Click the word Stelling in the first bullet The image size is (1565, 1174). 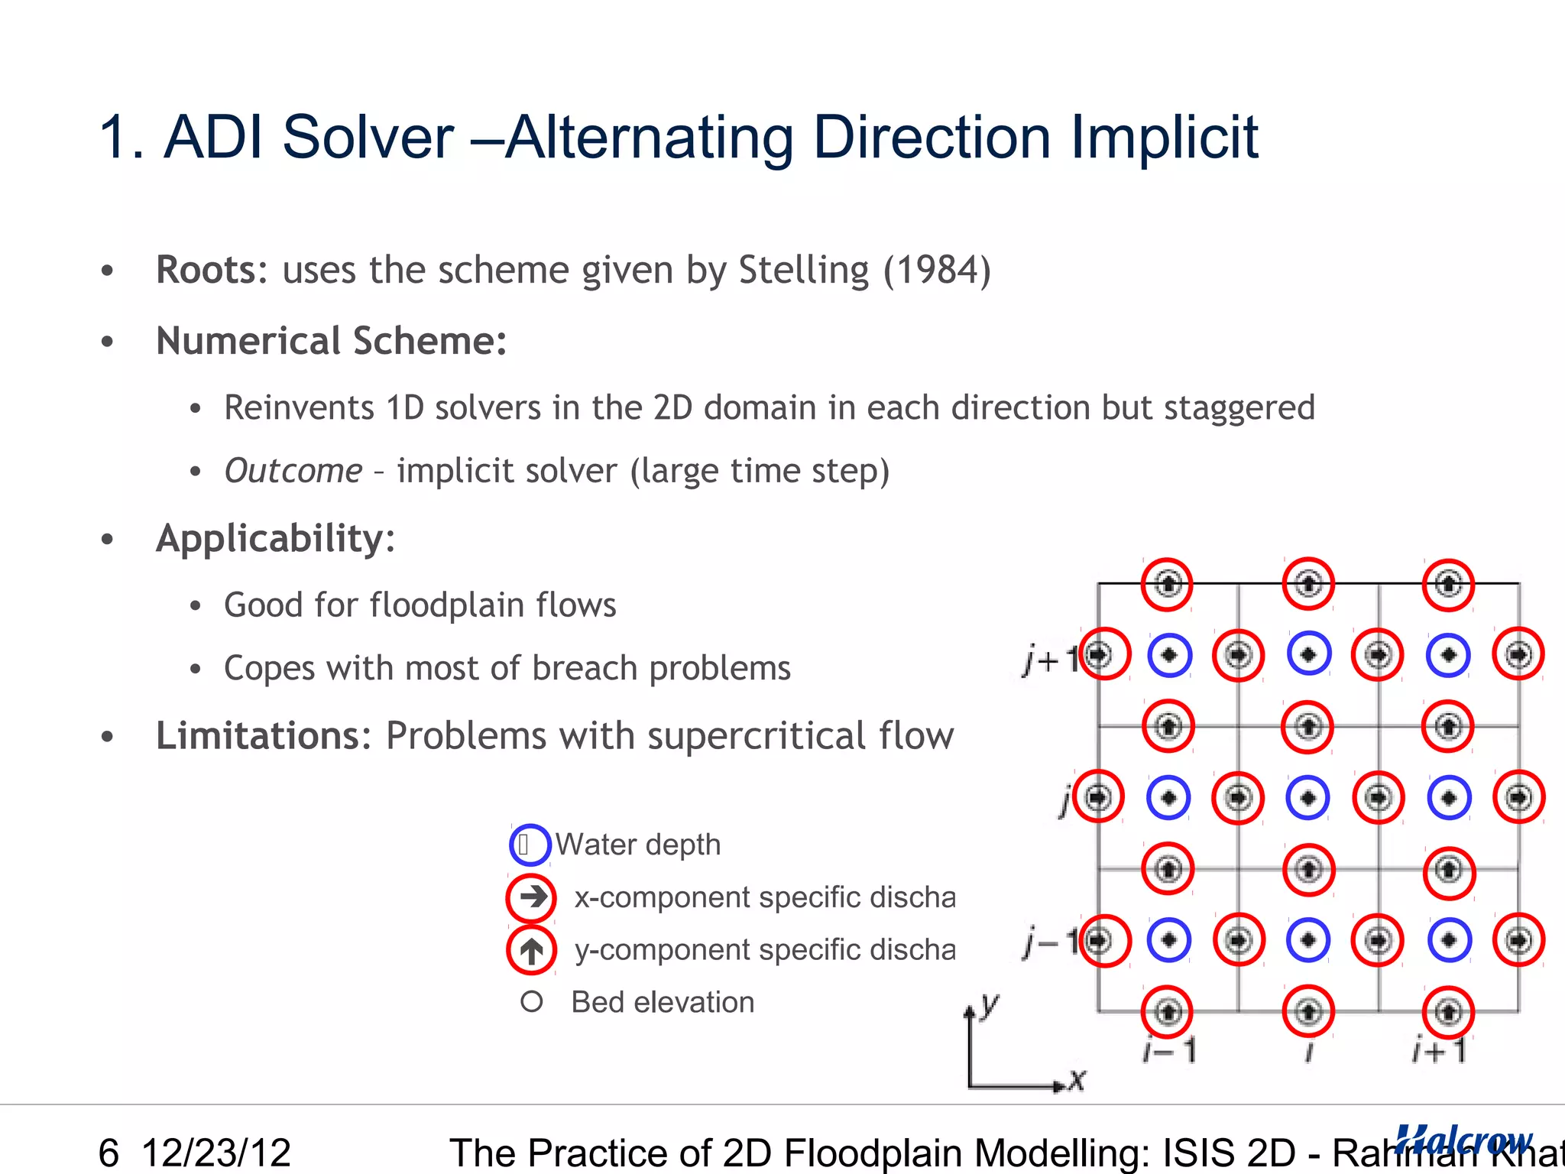click(x=803, y=271)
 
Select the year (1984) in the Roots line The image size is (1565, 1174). click(x=937, y=271)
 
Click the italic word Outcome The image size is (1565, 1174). click(x=293, y=471)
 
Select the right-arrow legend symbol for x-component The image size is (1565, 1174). click(x=531, y=897)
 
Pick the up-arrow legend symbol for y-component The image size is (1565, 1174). click(x=531, y=950)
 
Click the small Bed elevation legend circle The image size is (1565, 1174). click(x=531, y=1002)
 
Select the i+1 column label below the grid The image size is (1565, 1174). click(x=1439, y=1051)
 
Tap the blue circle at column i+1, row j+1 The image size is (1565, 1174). click(x=1448, y=655)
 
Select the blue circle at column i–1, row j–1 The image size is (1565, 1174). click(x=1169, y=940)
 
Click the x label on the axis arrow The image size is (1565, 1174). click(x=1077, y=1080)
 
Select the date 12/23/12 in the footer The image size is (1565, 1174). click(x=216, y=1153)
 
